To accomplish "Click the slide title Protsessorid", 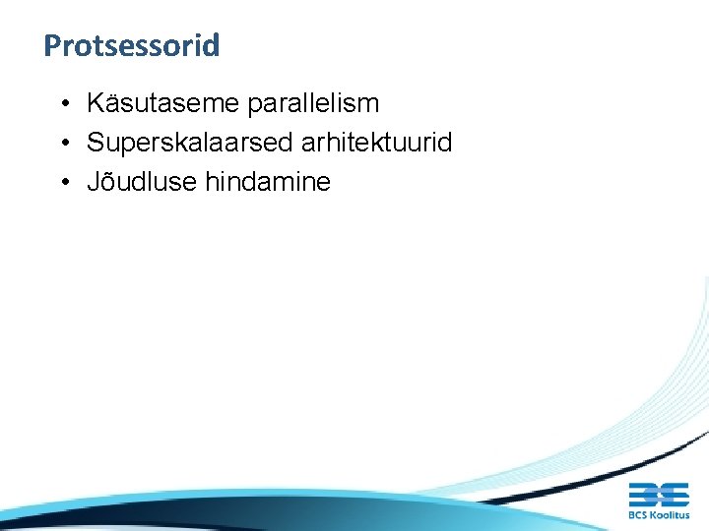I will pos(131,45).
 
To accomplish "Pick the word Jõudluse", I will pos(141,182).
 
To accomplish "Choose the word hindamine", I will pos(267,182).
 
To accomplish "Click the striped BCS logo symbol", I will pos(658,495).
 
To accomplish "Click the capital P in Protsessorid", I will pos(52,45).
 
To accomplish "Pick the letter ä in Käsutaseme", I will pos(109,103).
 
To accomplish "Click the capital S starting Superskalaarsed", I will pos(96,143).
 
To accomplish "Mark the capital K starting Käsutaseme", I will pos(96,103).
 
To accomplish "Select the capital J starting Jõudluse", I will pos(94,182).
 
